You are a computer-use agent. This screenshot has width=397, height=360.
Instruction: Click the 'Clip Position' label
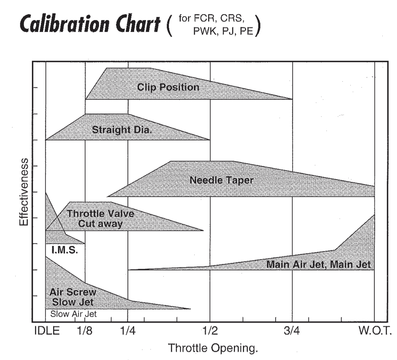(168, 87)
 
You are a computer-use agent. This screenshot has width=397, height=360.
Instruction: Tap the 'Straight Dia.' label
(122, 129)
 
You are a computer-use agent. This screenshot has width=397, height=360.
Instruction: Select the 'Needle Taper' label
(221, 180)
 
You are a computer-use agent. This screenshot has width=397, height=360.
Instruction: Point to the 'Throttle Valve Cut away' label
(100, 218)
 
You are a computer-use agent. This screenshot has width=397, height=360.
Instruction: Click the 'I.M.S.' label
(65, 250)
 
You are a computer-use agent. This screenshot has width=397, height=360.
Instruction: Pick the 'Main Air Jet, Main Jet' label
(318, 265)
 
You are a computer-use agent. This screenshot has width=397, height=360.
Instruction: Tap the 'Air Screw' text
(73, 292)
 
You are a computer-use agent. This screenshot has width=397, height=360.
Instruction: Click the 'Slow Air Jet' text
(74, 314)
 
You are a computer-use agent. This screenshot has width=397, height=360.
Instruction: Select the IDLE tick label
(47, 331)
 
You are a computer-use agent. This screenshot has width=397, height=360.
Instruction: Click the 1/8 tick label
(85, 331)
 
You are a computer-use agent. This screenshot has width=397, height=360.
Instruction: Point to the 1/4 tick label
(128, 331)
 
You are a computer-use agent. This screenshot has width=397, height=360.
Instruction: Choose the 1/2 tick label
(210, 331)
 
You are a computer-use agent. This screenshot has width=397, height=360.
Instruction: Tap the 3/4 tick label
(292, 331)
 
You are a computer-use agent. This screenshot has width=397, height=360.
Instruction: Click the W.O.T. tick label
(374, 331)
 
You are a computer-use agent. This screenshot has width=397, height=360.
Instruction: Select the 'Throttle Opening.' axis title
(213, 348)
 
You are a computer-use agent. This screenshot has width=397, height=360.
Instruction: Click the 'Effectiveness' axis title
(24, 192)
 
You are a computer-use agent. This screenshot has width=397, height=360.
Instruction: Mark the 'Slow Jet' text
(73, 302)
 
